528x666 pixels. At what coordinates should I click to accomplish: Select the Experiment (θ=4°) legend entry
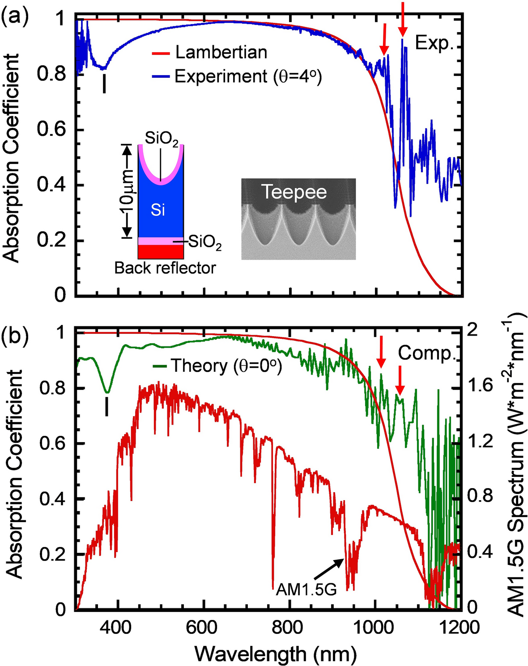click(x=247, y=76)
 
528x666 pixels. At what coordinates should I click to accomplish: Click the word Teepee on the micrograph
click(x=294, y=192)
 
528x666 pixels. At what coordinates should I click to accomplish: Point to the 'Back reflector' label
click(x=165, y=268)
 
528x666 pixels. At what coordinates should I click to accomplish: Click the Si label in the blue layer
click(x=158, y=210)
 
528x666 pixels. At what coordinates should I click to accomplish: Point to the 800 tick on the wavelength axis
click(x=290, y=627)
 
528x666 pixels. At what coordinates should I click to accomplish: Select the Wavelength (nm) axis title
click(x=276, y=654)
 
